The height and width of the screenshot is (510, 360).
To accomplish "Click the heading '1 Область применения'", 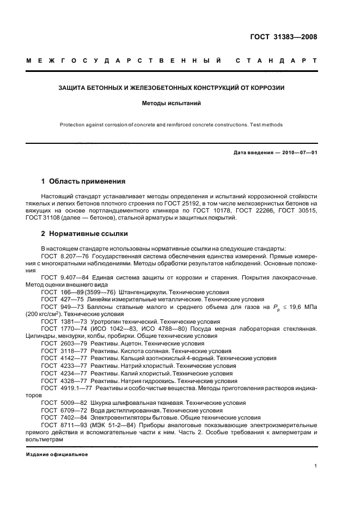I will pyautogui.click(x=84, y=181).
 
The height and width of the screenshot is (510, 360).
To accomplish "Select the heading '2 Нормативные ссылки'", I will pyautogui.click(x=85, y=234).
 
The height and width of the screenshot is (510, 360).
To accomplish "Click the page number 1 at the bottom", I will pyautogui.click(x=316, y=466).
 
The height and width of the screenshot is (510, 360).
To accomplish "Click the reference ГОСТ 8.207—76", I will pyautogui.click(x=60, y=256).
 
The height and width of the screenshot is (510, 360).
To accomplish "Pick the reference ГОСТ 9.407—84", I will pyautogui.click(x=60, y=278).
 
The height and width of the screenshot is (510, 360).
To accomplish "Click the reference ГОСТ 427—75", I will pyautogui.click(x=58, y=299).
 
